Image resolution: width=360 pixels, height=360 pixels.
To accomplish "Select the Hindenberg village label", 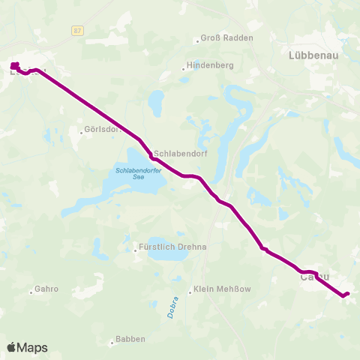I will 211,66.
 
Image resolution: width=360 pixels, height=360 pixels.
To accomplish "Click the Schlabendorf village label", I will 180,148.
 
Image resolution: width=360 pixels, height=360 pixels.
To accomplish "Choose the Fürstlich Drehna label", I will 172,247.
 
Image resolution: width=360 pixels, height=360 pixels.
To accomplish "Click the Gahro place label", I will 46,289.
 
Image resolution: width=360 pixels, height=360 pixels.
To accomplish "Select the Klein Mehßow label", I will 221,289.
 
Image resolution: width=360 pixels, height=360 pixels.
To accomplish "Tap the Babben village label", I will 130,339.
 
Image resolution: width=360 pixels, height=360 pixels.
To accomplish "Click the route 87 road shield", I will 78,30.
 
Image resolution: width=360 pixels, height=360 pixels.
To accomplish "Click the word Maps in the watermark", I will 32,347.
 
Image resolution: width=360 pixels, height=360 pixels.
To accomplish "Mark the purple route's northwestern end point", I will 14,65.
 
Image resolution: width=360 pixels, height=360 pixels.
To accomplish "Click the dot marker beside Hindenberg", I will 183,70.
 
